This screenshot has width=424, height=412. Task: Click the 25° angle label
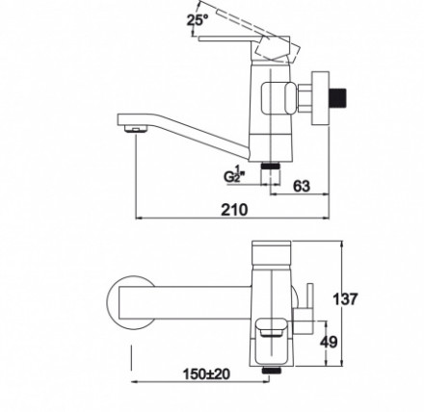click(x=198, y=20)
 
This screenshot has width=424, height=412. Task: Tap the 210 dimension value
click(x=234, y=210)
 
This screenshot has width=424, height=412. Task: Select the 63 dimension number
click(x=302, y=186)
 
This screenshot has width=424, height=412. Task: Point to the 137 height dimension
click(x=345, y=299)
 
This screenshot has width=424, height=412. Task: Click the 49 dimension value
click(x=329, y=342)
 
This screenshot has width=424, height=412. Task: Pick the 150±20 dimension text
click(x=206, y=373)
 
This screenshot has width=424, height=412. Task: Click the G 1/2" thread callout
click(x=234, y=175)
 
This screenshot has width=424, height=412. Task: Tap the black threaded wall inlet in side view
click(x=339, y=99)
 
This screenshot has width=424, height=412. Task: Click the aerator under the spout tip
click(x=135, y=129)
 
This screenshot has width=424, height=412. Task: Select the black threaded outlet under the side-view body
click(x=272, y=167)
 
